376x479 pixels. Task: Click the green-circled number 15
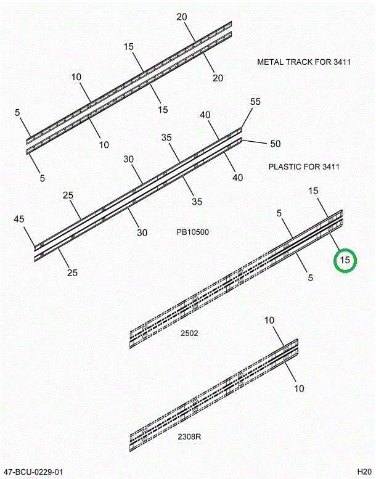(345, 260)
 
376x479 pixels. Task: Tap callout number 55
(255, 102)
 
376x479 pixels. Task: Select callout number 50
(275, 144)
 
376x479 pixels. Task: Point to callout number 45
(19, 219)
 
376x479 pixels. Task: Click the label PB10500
(192, 232)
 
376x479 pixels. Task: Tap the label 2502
(189, 333)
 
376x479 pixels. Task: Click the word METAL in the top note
(271, 62)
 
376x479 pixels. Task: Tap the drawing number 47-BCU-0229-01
(32, 472)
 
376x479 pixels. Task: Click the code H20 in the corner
(364, 472)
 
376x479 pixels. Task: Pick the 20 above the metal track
(182, 17)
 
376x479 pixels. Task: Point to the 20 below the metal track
(218, 78)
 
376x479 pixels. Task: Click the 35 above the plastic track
(166, 138)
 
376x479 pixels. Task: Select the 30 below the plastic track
(142, 232)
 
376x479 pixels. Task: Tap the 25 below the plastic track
(72, 272)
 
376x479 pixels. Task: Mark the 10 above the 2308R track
(269, 320)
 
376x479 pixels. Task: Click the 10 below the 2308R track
(299, 388)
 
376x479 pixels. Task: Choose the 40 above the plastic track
(205, 115)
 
